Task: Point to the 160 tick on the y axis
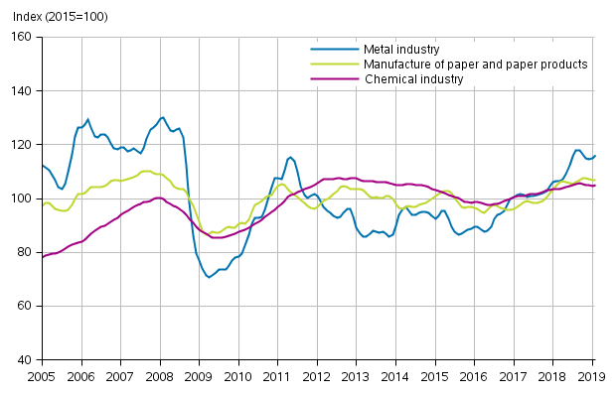click(22, 38)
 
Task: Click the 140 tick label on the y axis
click(22, 91)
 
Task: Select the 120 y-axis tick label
click(22, 145)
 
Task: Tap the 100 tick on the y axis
click(22, 198)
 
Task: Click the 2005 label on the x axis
click(41, 377)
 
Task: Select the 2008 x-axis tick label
click(159, 377)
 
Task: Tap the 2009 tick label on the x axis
click(199, 377)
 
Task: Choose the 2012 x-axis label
click(317, 377)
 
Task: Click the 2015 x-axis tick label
click(435, 377)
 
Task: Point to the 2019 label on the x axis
click(593, 377)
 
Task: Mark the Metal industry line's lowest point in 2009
click(209, 277)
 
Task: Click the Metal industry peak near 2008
click(163, 117)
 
